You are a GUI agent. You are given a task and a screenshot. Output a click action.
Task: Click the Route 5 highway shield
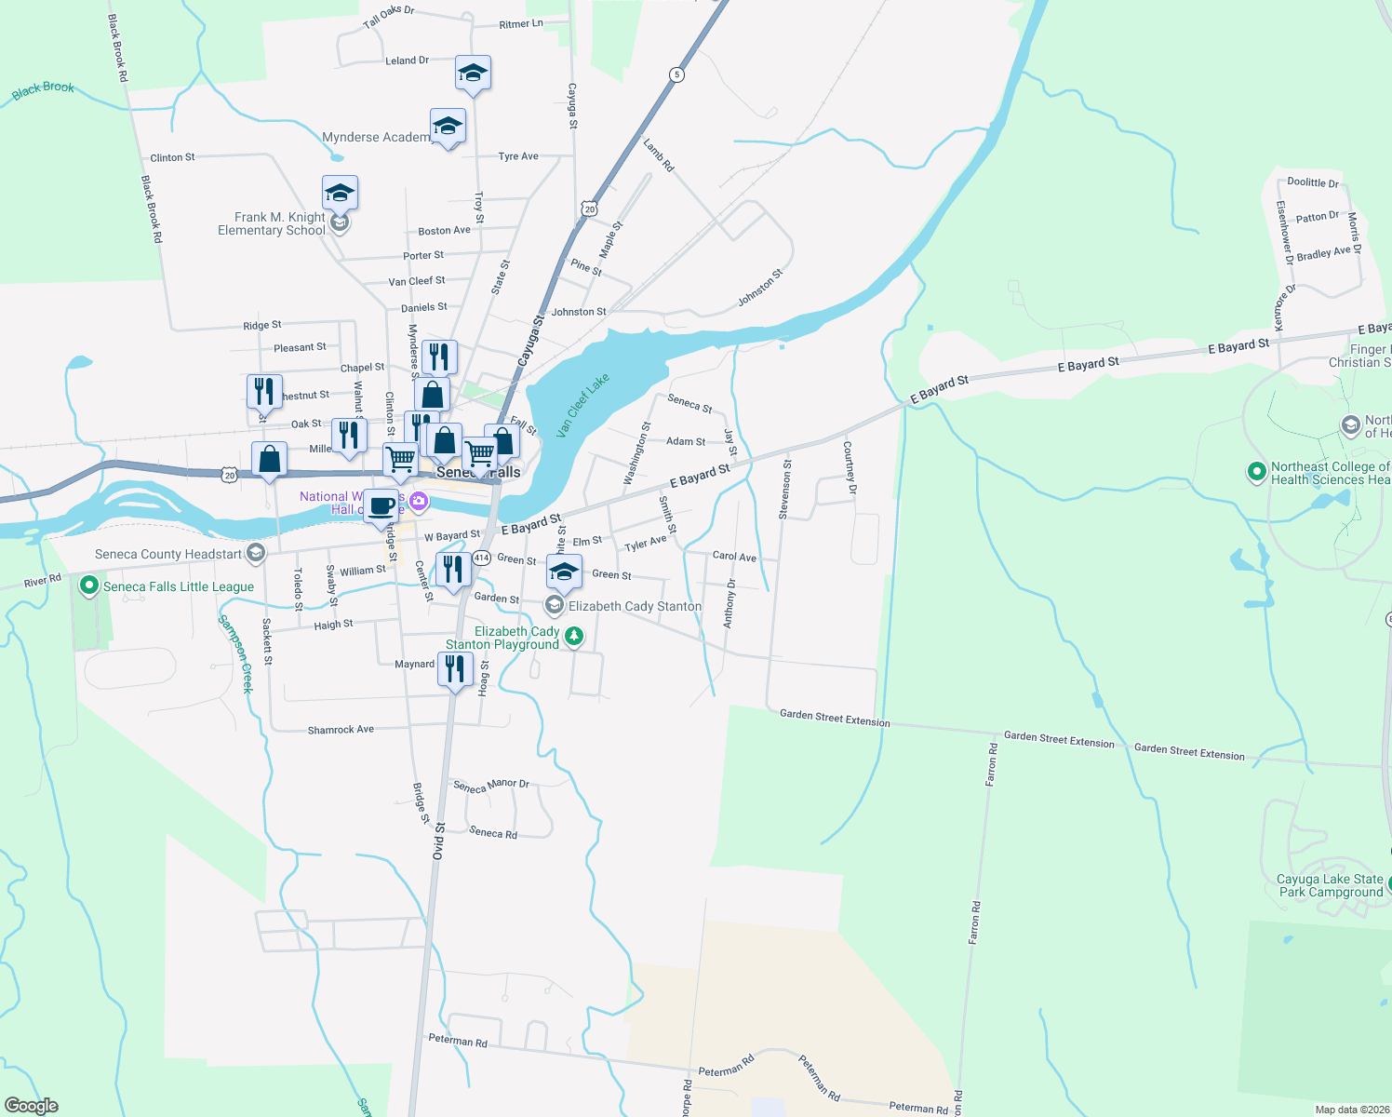[676, 74]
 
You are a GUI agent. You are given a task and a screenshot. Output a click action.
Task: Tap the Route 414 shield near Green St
[480, 558]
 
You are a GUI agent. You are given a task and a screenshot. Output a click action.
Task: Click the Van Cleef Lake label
[582, 405]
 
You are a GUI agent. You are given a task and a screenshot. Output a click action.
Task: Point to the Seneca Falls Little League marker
[89, 586]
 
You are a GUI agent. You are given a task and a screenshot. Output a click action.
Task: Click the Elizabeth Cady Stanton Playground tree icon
[575, 637]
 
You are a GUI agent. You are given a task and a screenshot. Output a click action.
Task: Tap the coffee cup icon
[381, 506]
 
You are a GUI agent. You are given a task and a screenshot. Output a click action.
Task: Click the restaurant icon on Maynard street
[455, 669]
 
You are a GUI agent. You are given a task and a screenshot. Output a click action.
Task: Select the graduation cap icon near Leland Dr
[473, 74]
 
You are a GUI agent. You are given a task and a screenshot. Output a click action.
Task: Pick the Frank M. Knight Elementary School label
[272, 223]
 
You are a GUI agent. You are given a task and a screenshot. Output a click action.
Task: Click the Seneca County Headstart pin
[256, 554]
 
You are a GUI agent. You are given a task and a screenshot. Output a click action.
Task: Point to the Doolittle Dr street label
[1313, 182]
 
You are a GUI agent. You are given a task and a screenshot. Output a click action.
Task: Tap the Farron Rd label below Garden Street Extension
[993, 765]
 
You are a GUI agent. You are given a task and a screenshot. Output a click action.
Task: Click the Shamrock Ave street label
[341, 730]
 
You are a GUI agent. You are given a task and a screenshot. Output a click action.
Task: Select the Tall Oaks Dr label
[389, 16]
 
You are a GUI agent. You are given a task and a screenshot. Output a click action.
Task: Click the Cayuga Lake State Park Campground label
[1330, 885]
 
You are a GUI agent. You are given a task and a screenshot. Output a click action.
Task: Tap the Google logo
[32, 1106]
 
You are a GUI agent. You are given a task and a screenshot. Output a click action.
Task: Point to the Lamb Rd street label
[659, 155]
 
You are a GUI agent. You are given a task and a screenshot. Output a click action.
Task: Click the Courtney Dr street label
[850, 467]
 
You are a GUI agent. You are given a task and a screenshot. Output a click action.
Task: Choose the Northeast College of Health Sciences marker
[1257, 473]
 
